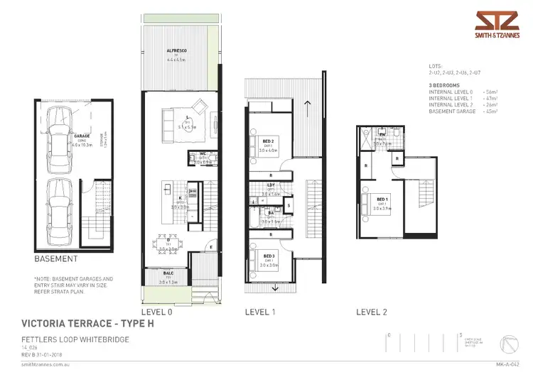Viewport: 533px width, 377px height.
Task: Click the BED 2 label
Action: pos(269,141)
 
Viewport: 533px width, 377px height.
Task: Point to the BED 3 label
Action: pos(269,256)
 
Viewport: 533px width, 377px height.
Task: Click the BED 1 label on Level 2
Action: pos(382,199)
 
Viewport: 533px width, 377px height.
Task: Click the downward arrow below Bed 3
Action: pos(275,288)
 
